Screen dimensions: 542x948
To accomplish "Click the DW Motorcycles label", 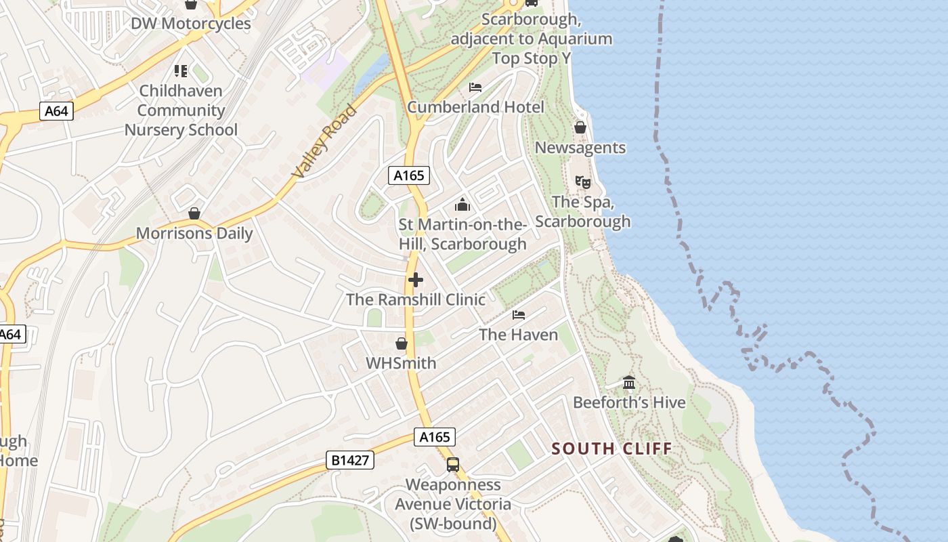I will point(190,24).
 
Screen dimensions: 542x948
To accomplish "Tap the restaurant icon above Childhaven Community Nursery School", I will point(181,70).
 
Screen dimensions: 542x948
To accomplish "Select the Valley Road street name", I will point(324,142).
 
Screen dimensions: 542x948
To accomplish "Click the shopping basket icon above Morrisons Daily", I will point(194,213).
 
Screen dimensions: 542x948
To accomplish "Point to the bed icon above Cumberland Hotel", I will point(475,87).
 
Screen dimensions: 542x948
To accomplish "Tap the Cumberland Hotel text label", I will point(475,107).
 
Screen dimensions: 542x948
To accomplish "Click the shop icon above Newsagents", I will point(580,127).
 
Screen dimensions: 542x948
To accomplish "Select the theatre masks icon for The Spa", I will point(582,182).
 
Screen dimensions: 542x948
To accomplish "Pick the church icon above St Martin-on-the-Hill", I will point(462,204).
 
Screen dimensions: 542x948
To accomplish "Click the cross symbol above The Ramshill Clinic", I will point(416,280).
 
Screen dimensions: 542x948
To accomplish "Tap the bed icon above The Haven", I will point(519,315).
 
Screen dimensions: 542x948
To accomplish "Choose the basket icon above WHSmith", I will point(402,343).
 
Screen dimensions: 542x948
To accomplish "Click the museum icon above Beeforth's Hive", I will point(629,383).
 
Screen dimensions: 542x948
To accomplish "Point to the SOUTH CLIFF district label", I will point(611,449).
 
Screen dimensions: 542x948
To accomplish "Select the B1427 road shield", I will point(350,460).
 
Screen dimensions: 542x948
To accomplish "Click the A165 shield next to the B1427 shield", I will point(435,437).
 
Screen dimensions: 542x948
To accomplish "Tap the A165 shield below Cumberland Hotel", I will point(409,175).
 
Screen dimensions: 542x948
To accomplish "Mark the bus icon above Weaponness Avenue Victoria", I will point(453,465).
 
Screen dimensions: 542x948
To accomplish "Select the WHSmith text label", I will point(401,363).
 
